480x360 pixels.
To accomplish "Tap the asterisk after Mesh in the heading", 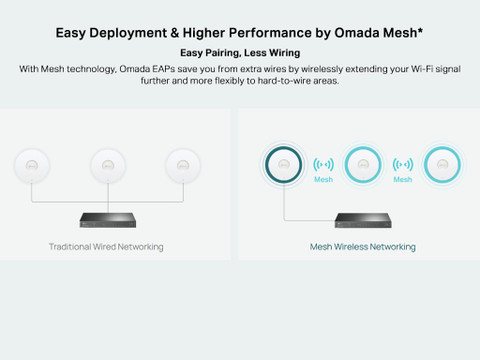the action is click(x=420, y=30).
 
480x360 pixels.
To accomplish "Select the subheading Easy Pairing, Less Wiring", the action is click(x=240, y=53).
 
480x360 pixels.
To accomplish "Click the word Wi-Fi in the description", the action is click(x=421, y=69).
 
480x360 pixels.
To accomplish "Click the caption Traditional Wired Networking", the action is click(x=106, y=247).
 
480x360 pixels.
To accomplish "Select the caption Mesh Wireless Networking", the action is click(x=363, y=247).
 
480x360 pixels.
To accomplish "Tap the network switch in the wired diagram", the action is click(x=108, y=220).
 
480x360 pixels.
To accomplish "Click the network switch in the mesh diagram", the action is click(x=363, y=220).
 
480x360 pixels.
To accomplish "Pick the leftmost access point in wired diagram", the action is click(x=32, y=166).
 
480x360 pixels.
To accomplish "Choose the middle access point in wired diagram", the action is click(x=108, y=166).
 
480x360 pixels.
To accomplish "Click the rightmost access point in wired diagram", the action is click(x=183, y=166).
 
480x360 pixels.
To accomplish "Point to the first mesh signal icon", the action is click(x=323, y=164).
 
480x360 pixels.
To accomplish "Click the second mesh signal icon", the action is click(x=403, y=164).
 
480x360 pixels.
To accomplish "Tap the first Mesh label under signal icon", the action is click(x=323, y=179).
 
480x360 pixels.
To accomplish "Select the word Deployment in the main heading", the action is click(x=128, y=33).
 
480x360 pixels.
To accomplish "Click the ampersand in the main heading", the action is click(x=175, y=33).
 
